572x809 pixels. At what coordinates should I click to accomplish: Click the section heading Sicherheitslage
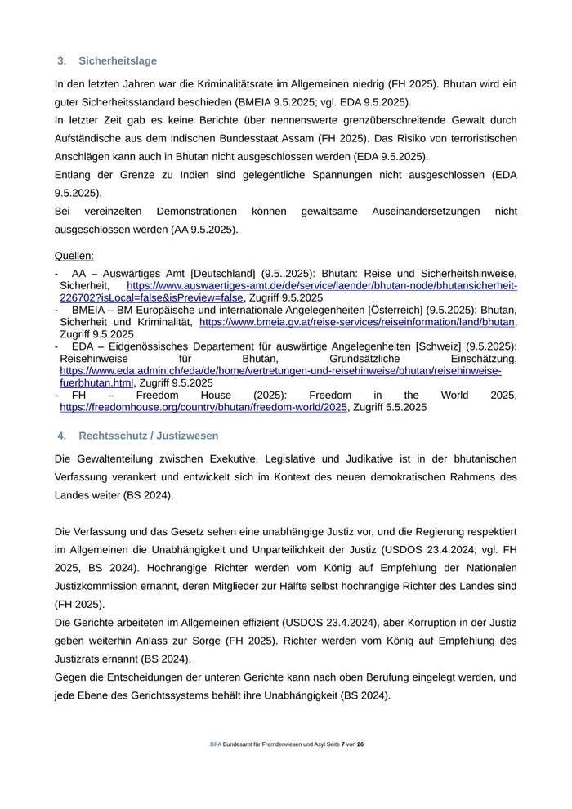[x=118, y=60]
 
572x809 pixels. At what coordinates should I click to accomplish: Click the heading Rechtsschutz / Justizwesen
[x=148, y=436]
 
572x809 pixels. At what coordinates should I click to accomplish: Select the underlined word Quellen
[x=74, y=256]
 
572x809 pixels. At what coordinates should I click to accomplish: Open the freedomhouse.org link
[x=203, y=407]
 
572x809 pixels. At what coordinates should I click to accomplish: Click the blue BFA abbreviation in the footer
[x=215, y=744]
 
